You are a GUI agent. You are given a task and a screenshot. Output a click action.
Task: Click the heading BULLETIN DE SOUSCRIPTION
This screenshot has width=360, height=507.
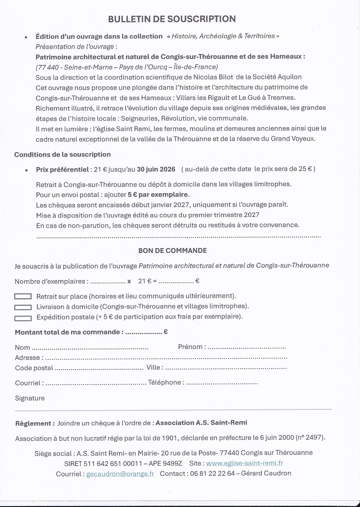(172, 19)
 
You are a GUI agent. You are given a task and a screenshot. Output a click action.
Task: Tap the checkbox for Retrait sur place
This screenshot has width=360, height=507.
(23, 296)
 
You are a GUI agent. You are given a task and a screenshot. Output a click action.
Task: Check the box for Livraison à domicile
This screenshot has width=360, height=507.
(23, 307)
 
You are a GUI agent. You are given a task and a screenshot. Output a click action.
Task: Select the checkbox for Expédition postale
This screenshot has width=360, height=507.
(23, 317)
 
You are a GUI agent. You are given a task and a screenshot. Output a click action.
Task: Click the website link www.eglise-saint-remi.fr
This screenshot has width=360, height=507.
(244, 463)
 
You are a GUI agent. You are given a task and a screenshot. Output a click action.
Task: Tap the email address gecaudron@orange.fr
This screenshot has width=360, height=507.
(120, 474)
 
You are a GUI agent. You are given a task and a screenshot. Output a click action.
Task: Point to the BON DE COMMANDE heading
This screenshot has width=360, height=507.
(172, 250)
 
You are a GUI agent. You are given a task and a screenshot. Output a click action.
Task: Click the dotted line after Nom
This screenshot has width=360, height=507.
(90, 348)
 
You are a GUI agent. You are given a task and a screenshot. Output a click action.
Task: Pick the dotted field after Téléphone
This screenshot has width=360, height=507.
(221, 383)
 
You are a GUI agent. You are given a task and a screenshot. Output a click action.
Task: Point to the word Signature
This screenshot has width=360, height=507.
(30, 398)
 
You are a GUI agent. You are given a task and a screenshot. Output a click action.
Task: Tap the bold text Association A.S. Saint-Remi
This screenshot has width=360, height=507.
(201, 423)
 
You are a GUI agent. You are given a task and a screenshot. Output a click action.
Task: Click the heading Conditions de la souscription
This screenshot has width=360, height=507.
(63, 154)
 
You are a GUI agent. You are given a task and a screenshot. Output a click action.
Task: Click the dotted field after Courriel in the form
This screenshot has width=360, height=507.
(95, 383)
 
